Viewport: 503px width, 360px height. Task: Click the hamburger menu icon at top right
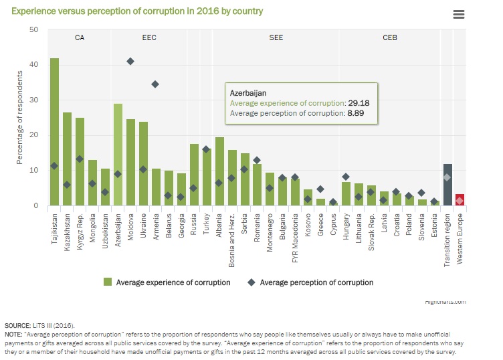tap(458, 15)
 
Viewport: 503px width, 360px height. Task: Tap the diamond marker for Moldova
tap(130, 62)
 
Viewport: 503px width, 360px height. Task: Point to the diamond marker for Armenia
tap(156, 84)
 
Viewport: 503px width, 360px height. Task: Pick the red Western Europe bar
tap(460, 199)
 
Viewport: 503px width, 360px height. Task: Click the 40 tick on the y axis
tap(33, 65)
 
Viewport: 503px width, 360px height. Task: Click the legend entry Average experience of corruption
tap(173, 282)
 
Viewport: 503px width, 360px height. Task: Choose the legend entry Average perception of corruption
tap(316, 282)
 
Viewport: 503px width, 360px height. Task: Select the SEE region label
tap(276, 38)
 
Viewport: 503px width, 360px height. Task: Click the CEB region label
tap(390, 38)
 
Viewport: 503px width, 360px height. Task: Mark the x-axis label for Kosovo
tap(308, 226)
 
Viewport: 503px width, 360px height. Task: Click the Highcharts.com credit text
tap(445, 302)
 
